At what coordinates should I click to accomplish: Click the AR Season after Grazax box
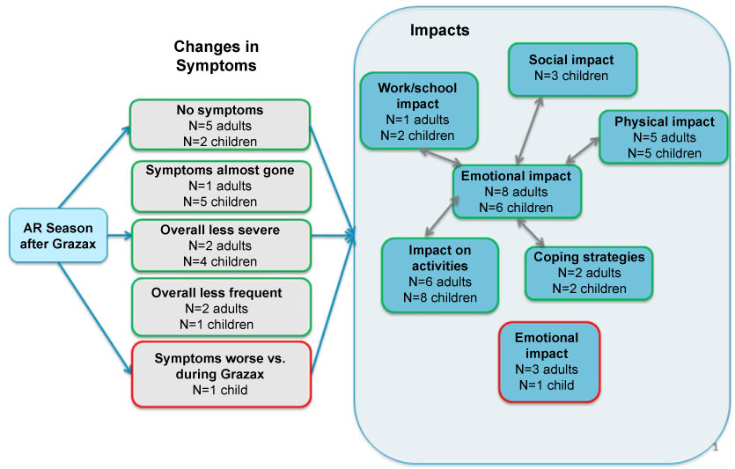(x=58, y=235)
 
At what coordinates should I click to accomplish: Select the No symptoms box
(x=220, y=125)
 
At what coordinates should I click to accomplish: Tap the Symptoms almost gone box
(x=220, y=184)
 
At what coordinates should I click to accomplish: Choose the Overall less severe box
(x=220, y=245)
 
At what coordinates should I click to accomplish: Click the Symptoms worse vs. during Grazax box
(x=220, y=373)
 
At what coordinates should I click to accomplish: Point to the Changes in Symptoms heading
(x=216, y=55)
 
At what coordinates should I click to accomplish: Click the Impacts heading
(x=439, y=31)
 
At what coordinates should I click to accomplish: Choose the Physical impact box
(x=664, y=136)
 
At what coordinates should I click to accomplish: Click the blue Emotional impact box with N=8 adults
(x=518, y=191)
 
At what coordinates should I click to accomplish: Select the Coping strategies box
(x=590, y=272)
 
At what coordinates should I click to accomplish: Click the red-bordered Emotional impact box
(x=548, y=361)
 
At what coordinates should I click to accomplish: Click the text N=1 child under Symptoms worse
(x=220, y=389)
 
